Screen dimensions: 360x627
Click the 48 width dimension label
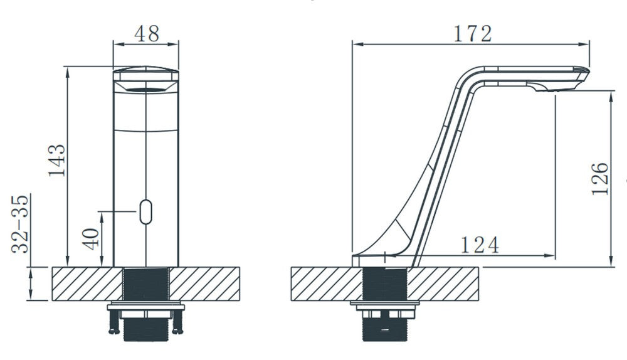(145, 33)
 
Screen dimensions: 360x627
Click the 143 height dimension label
(57, 161)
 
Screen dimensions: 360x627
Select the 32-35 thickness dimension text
(22, 223)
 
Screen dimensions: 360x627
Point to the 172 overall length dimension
(472, 33)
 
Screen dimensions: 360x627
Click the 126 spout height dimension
(600, 179)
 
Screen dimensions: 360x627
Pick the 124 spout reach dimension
(480, 245)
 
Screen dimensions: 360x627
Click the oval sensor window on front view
(146, 212)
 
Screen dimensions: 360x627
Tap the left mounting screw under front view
(113, 320)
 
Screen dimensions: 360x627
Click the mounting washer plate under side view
(384, 306)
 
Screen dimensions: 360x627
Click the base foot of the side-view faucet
(376, 258)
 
